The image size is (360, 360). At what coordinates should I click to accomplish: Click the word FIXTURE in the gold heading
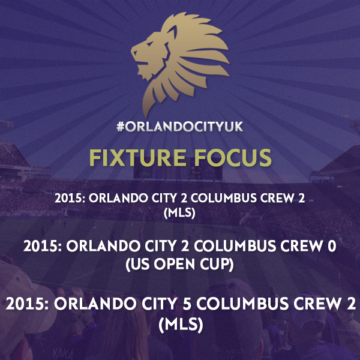[137, 157]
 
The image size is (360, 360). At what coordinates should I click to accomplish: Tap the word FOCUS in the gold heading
[233, 157]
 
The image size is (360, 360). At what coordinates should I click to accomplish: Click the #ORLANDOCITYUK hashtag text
[180, 127]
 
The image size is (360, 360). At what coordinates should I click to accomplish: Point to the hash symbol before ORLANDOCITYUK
[121, 127]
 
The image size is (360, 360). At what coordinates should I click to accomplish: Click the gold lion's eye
[149, 44]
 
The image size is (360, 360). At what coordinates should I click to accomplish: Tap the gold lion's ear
[172, 32]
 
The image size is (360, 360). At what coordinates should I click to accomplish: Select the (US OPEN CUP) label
[179, 264]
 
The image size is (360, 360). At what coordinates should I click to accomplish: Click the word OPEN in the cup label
[174, 264]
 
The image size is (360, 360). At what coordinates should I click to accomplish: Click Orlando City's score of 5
[187, 304]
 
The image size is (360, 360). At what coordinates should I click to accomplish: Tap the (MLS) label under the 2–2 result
[179, 212]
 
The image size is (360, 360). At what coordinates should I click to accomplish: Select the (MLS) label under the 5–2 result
[181, 324]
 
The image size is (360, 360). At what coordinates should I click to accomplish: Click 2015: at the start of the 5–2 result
[28, 304]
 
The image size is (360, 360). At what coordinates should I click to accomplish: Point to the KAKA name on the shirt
[62, 353]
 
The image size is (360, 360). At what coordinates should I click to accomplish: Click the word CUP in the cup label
[215, 264]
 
